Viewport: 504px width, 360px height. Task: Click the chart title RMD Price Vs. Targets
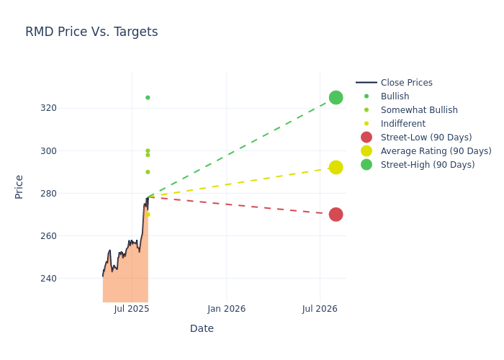91,32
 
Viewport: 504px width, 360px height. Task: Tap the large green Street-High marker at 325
336,97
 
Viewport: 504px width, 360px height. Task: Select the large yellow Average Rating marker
336,167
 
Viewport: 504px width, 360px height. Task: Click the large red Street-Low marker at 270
336,215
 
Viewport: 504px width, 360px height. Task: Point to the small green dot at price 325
148,97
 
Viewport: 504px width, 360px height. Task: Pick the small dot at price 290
148,172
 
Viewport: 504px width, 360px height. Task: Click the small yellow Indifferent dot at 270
148,215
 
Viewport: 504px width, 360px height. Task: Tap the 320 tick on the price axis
68,108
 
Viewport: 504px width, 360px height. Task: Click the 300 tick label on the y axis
68,150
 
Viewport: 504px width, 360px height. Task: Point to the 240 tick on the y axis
68,279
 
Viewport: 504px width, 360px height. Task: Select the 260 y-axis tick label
68,236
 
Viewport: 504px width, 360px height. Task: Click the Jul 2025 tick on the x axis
132,309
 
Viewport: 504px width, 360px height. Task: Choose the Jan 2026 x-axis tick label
226,309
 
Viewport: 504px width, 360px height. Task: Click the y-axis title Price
19,186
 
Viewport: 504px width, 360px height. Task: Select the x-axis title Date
202,329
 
